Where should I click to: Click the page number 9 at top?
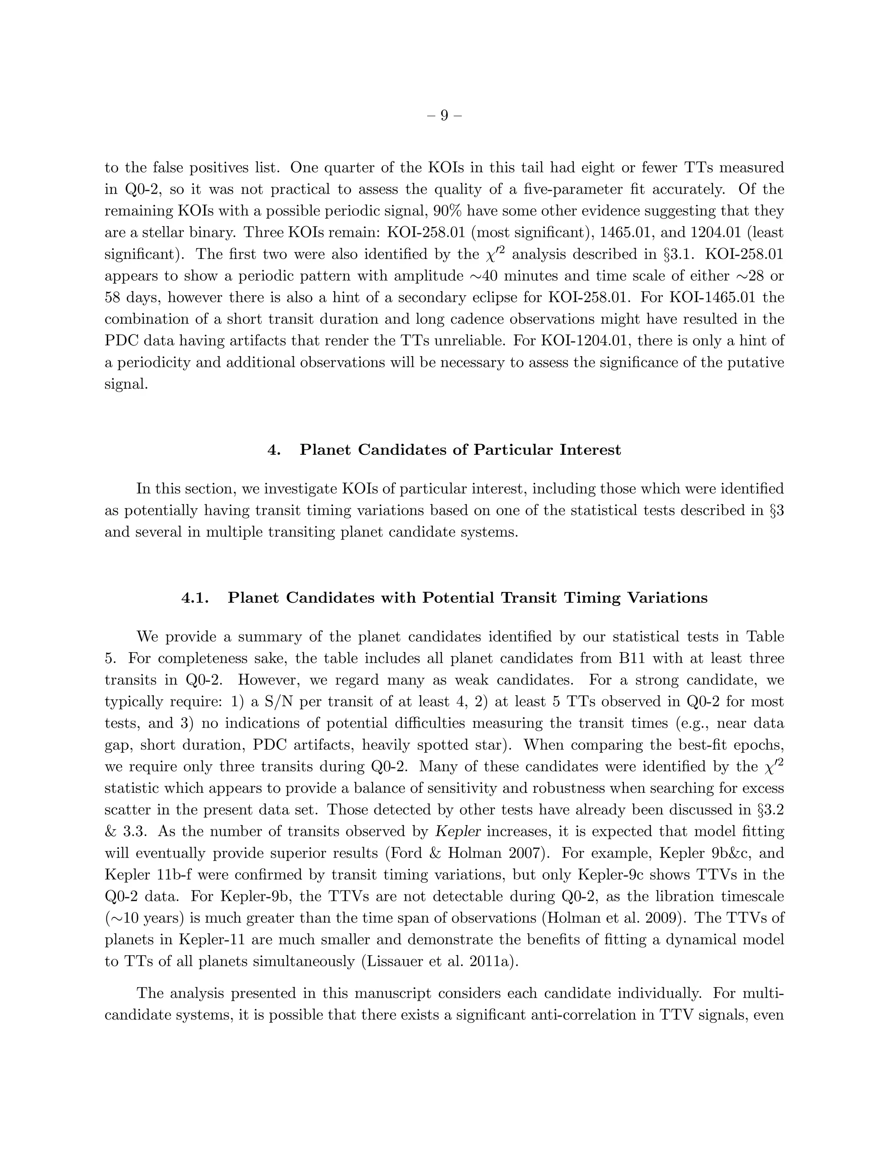(444, 115)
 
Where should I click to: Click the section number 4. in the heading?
(274, 450)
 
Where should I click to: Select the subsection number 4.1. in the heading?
(195, 598)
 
